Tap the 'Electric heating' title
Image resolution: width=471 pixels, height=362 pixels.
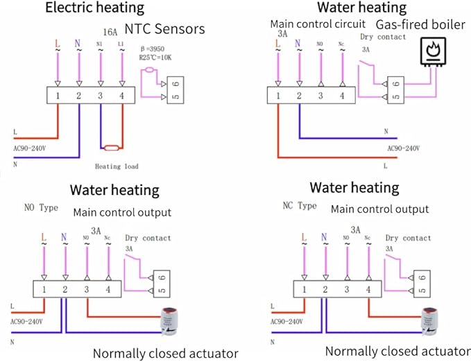[94, 8]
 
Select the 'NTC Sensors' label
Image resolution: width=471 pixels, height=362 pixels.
[164, 28]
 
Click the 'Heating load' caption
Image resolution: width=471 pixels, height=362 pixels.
[117, 166]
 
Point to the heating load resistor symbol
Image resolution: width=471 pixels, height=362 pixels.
[111, 148]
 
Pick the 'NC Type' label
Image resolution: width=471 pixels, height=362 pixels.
[299, 206]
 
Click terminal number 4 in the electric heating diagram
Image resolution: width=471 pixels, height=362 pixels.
[122, 96]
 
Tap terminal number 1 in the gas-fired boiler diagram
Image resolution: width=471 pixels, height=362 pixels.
[277, 96]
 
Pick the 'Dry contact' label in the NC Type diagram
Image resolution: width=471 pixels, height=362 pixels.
[408, 238]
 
